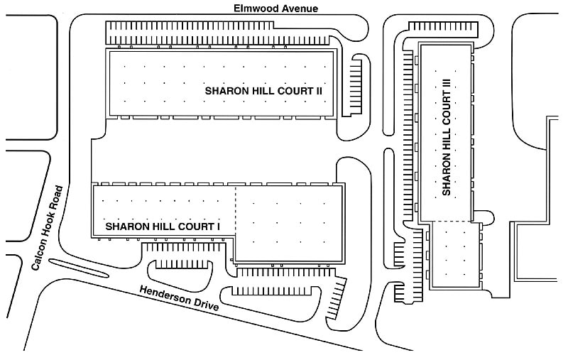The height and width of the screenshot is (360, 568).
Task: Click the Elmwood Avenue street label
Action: pyautogui.click(x=275, y=9)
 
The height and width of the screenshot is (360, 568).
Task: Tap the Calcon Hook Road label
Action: pyautogui.click(x=48, y=228)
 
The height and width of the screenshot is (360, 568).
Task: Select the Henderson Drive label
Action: pyautogui.click(x=180, y=298)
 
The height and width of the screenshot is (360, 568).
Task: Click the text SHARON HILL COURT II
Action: pyautogui.click(x=263, y=91)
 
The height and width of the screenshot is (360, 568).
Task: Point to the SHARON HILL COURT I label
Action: pyautogui.click(x=163, y=227)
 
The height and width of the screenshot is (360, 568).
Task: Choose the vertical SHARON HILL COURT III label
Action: pyautogui.click(x=447, y=138)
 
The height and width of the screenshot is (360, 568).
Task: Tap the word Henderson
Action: pyautogui.click(x=165, y=295)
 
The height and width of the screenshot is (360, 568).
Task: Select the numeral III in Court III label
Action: pyautogui.click(x=447, y=86)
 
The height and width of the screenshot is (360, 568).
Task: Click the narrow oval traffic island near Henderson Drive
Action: pyautogui.click(x=79, y=268)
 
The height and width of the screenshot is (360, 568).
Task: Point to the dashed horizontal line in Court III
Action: pyautogui.click(x=451, y=222)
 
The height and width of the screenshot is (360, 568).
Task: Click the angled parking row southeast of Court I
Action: pyautogui.click(x=335, y=299)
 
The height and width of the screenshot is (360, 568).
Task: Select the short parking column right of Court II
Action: pyautogui.click(x=356, y=86)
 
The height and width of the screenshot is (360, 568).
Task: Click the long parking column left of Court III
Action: pyautogui.click(x=408, y=136)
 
